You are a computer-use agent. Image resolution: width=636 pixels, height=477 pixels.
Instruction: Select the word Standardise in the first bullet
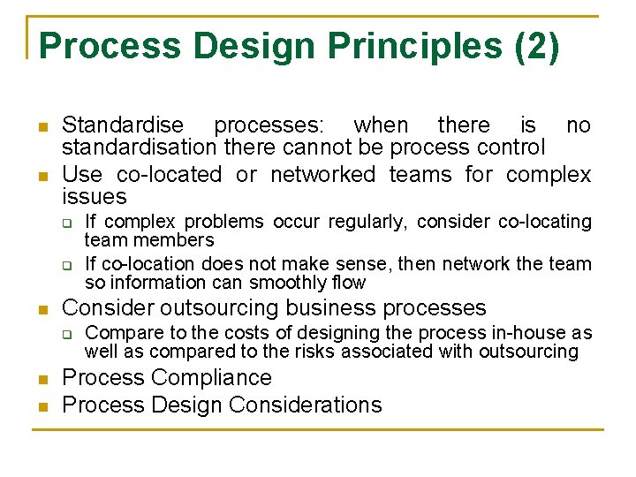[123, 125]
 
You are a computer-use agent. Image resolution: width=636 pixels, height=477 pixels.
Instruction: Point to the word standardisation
[139, 148]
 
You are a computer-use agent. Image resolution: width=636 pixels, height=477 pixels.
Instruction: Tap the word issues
[95, 197]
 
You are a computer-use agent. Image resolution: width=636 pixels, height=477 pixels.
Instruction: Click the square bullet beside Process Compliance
[42, 379]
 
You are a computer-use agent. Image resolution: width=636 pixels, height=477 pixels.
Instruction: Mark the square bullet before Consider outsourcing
[42, 309]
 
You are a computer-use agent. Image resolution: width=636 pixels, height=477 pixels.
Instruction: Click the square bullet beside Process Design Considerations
[42, 406]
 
